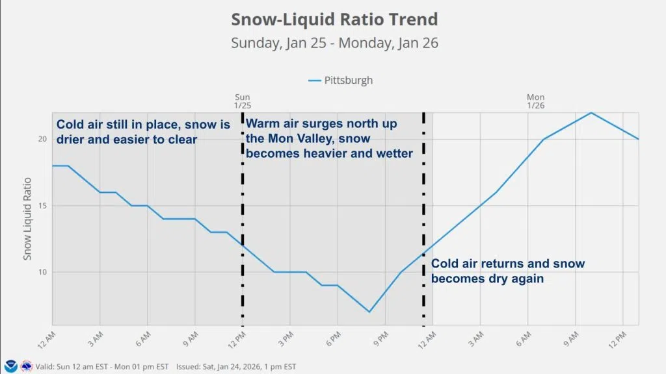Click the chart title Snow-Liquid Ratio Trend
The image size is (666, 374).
click(x=334, y=19)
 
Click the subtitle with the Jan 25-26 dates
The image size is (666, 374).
click(x=334, y=44)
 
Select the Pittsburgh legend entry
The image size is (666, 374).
click(x=340, y=81)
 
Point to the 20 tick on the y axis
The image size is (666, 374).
click(x=43, y=139)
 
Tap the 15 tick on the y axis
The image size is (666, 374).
click(x=43, y=206)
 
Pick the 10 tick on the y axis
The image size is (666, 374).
click(x=43, y=272)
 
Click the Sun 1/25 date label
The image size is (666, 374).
click(x=242, y=101)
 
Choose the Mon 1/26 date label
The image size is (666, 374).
click(x=535, y=101)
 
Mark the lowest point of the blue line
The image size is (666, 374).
click(x=369, y=312)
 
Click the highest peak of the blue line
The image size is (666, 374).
click(x=591, y=113)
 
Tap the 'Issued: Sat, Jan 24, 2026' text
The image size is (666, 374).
click(x=235, y=366)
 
